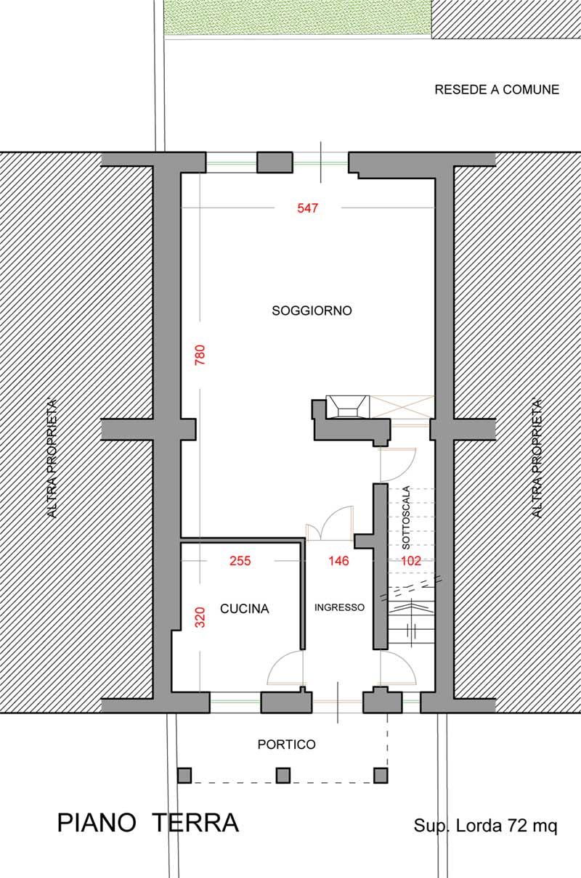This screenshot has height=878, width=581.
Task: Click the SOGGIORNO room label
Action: point(312,311)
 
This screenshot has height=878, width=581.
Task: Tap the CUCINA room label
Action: point(245,609)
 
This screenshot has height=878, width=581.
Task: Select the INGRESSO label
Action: point(339,607)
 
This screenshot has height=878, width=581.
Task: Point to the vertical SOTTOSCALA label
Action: point(406,517)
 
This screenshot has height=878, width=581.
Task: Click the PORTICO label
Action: point(286,744)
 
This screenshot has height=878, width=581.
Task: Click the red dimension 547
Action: point(307,208)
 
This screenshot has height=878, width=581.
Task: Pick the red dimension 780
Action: point(200,355)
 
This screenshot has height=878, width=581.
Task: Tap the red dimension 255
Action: point(240,561)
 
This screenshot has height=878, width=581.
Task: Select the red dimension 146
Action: point(338,561)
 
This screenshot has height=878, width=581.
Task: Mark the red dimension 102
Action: point(411,561)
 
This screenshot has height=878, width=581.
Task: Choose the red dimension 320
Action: point(200,618)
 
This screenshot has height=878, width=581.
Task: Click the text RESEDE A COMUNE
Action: point(497,90)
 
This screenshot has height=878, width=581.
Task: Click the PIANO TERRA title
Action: point(148,823)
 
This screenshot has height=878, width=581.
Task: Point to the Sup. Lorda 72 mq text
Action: point(485,826)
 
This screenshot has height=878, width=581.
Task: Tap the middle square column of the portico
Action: point(283,775)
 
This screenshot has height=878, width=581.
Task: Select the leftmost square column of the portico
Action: point(184,775)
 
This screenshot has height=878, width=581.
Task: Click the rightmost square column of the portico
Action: point(381,775)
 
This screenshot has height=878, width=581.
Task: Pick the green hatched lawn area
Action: point(297,17)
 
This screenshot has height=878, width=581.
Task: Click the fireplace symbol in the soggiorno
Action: point(348,407)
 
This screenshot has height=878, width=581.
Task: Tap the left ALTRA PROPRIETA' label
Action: point(52,459)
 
